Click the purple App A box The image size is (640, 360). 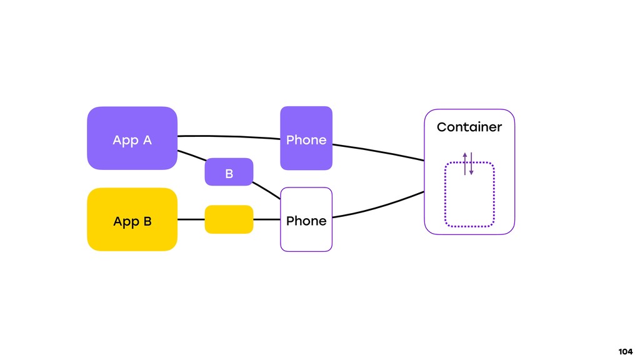coord(132,138)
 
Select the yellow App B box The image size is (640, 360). coord(132,219)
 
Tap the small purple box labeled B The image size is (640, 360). coord(229,172)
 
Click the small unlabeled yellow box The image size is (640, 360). coord(229,219)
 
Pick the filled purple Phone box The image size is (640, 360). coord(306,138)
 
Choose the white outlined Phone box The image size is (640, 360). coord(306,219)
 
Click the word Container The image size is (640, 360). coord(469,127)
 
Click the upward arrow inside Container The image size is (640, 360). coord(465,164)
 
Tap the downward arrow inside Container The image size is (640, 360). coord(471,164)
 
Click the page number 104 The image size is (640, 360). coord(625,351)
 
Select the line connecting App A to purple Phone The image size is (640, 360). coord(229,136)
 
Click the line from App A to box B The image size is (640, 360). coord(192,156)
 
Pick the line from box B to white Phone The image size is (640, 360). coord(266,191)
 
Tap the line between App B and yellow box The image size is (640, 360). coord(191,219)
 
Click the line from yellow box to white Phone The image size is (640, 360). coord(267,219)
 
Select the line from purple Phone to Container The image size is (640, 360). coord(379,151)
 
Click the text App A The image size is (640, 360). coord(132,141)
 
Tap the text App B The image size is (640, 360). coord(132,222)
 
